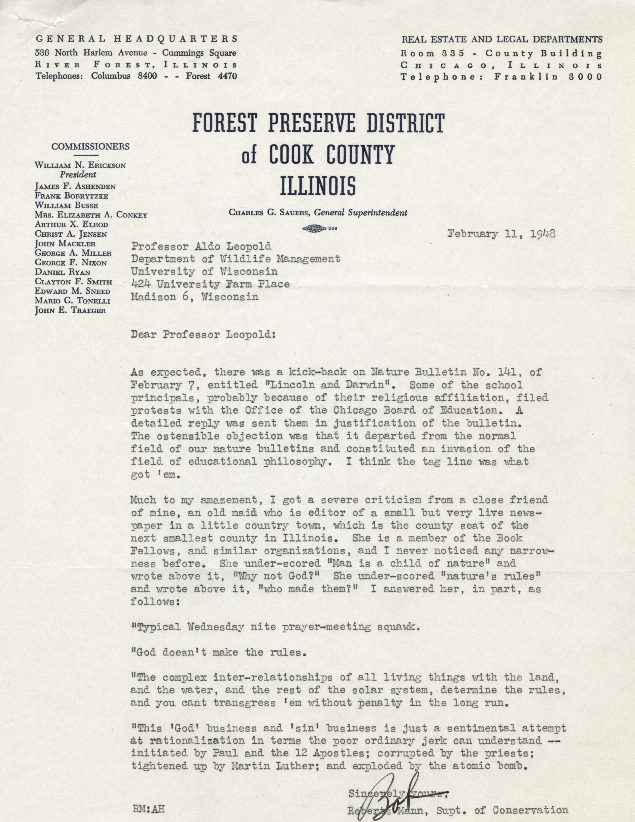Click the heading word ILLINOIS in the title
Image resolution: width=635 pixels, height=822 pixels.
(x=318, y=185)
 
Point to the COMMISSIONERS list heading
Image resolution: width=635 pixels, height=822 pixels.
(x=90, y=147)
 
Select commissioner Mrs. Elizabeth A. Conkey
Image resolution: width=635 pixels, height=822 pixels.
(x=91, y=215)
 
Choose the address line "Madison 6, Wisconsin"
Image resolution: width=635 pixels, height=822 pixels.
(x=195, y=297)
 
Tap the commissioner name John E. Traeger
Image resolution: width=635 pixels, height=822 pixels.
(x=70, y=310)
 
